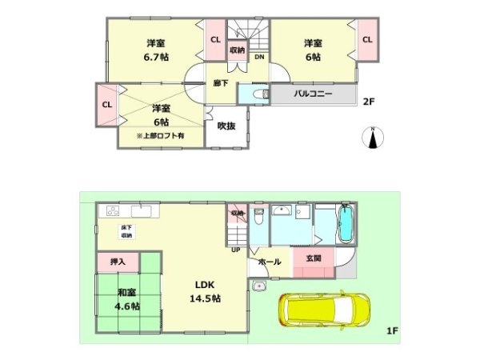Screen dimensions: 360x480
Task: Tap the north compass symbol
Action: pyautogui.click(x=374, y=139)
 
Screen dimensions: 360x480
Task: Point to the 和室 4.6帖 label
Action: pyautogui.click(x=126, y=298)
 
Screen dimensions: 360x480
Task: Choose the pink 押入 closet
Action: pyautogui.click(x=118, y=261)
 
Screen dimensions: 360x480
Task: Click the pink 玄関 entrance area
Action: pyautogui.click(x=313, y=258)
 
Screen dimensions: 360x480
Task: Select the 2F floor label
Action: pyautogui.click(x=368, y=102)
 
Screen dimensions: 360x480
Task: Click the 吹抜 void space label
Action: pyautogui.click(x=226, y=126)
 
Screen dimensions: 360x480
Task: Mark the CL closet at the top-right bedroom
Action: pyautogui.click(x=367, y=38)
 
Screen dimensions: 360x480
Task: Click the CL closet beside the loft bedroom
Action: pyautogui.click(x=106, y=104)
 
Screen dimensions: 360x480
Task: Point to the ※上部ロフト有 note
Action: pyautogui.click(x=160, y=136)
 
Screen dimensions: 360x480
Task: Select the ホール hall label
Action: pyautogui.click(x=270, y=262)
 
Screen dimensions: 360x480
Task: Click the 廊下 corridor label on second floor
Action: pyautogui.click(x=222, y=82)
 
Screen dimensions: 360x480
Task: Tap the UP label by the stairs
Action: pyautogui.click(x=236, y=249)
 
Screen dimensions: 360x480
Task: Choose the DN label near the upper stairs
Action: pyautogui.click(x=259, y=57)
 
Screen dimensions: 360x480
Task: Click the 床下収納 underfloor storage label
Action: pyautogui.click(x=127, y=232)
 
